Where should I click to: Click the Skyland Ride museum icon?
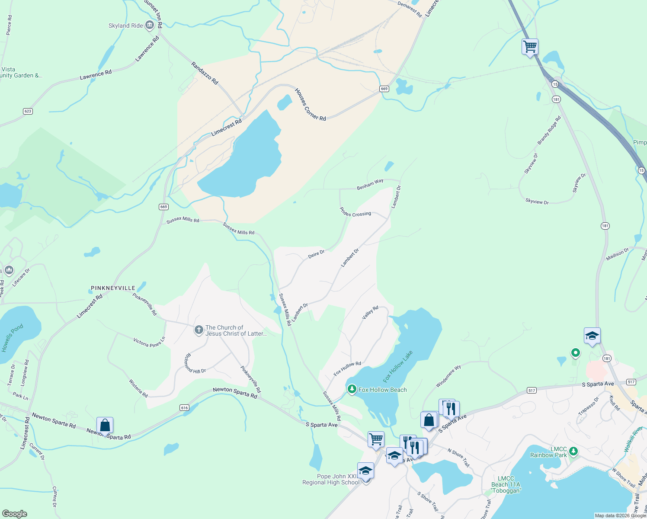click(150, 26)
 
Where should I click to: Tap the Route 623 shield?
click(28, 111)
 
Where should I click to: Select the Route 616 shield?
click(185, 408)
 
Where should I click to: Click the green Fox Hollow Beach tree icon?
click(352, 390)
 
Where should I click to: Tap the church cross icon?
click(199, 331)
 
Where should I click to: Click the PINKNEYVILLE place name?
click(113, 288)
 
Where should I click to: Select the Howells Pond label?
click(12, 338)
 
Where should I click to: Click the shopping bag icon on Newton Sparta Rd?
click(105, 425)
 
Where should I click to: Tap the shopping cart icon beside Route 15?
click(530, 46)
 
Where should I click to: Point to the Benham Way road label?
click(370, 184)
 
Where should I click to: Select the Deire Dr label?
click(316, 255)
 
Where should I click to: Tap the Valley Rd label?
click(370, 312)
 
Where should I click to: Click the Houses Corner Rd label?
click(310, 105)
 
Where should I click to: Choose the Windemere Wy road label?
click(448, 376)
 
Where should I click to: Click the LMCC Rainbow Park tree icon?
click(573, 452)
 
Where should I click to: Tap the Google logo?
click(15, 514)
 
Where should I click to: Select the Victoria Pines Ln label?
click(149, 343)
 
